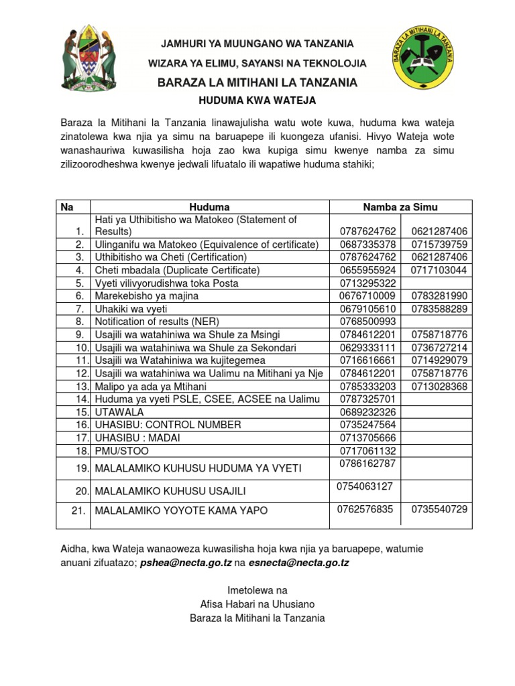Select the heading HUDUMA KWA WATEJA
point(257,100)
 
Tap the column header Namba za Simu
point(400,207)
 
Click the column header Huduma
point(209,207)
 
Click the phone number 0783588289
point(439,309)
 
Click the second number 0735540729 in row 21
point(439,509)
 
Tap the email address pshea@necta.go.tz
point(186,563)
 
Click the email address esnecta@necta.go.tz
point(298,563)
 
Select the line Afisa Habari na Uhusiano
point(257,604)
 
